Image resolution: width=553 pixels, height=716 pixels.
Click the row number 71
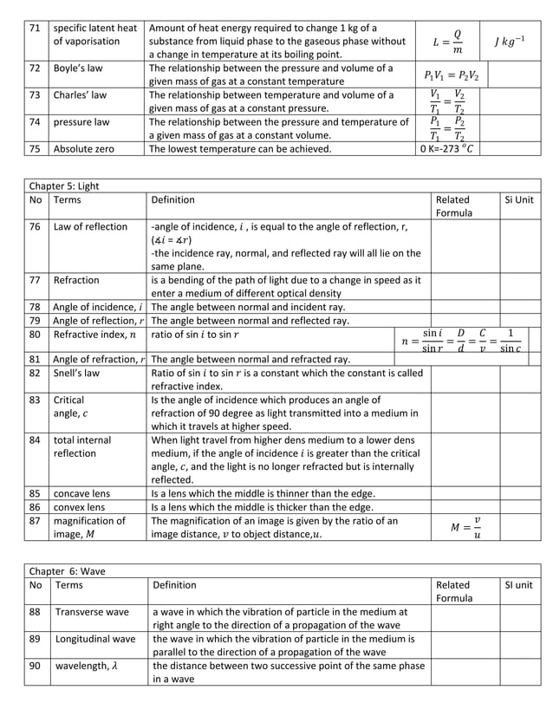(x=35, y=28)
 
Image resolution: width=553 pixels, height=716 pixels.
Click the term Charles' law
(x=80, y=94)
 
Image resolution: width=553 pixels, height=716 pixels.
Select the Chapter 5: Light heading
(x=64, y=186)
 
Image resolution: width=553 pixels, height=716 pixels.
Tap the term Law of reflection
(x=90, y=227)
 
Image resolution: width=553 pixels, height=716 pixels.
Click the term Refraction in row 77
(x=76, y=280)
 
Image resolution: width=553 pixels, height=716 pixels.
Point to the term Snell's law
(x=76, y=373)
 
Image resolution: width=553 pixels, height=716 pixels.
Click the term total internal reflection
(x=82, y=446)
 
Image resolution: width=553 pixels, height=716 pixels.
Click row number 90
(x=36, y=667)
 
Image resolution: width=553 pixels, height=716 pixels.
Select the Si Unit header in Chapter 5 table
(x=518, y=200)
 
